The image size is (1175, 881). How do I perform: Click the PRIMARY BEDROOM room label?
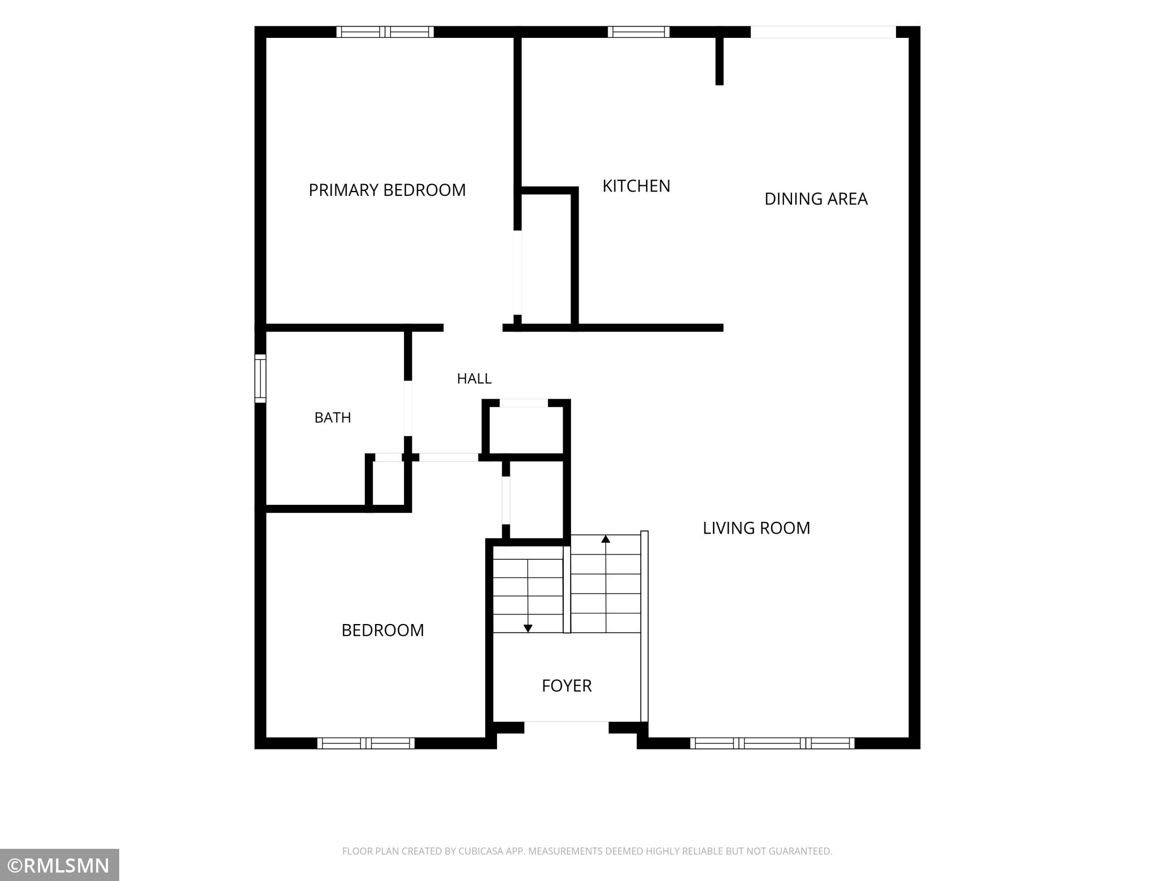(x=387, y=190)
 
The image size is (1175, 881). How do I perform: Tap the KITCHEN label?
(x=636, y=186)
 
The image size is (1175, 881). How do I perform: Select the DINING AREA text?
(x=816, y=199)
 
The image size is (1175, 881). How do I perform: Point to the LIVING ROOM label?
(x=756, y=528)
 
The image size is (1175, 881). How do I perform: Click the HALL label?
(x=474, y=378)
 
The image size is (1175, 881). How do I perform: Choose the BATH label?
(x=333, y=417)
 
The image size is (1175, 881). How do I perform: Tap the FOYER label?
(x=567, y=686)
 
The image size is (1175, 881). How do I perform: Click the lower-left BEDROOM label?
(x=382, y=630)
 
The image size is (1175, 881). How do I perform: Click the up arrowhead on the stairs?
(x=606, y=539)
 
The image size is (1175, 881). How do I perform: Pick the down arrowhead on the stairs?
(x=528, y=628)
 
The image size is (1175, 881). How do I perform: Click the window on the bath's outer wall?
(x=260, y=378)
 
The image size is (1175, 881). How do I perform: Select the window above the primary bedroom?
(x=385, y=32)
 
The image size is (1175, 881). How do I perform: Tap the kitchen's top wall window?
(x=639, y=32)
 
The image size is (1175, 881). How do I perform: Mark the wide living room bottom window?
(x=772, y=743)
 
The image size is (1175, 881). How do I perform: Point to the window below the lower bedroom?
(x=366, y=743)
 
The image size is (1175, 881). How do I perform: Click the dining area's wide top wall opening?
(x=823, y=32)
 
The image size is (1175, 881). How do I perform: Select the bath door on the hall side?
(x=408, y=408)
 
